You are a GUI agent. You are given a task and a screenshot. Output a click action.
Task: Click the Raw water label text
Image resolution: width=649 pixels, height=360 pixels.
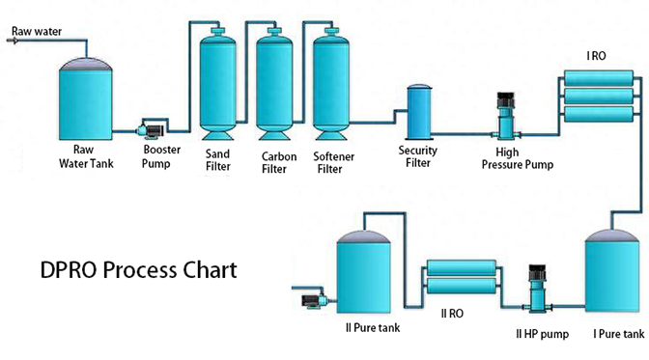pos(37,31)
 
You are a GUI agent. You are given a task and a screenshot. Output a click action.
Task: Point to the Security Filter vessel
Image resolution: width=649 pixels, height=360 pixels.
pos(418,112)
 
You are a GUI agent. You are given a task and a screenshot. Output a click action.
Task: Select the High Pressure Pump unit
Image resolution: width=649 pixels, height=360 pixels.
pos(503,120)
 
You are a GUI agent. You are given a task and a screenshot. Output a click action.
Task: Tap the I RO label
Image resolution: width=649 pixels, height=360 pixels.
pos(597,56)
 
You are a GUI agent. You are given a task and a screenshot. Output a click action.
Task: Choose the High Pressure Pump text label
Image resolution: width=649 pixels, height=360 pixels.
pos(518,158)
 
